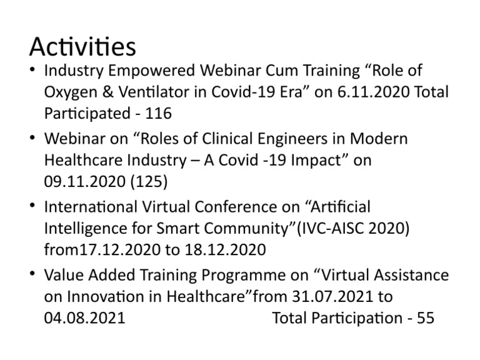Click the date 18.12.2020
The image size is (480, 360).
click(226, 250)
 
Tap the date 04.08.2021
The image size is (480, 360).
click(84, 318)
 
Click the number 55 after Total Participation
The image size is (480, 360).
click(425, 318)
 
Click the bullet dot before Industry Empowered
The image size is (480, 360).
click(32, 69)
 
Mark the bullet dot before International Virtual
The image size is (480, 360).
click(32, 206)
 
